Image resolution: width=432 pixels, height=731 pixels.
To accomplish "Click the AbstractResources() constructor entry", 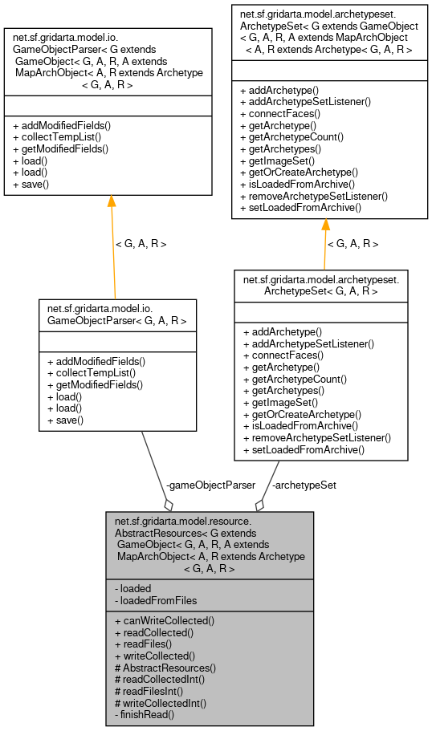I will coord(165,668).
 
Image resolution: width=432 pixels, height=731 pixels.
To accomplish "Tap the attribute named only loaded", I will coord(133,588).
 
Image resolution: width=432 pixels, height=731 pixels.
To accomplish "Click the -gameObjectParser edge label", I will coord(210,485).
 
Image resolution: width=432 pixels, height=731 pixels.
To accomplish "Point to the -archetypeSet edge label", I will coord(304,485).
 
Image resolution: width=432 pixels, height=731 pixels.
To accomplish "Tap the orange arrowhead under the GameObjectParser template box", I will coord(110,201).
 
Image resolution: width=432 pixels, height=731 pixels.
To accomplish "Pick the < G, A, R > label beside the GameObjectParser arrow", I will coord(141,243).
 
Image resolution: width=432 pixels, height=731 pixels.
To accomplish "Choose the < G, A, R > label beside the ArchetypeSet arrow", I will coord(353,243).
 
